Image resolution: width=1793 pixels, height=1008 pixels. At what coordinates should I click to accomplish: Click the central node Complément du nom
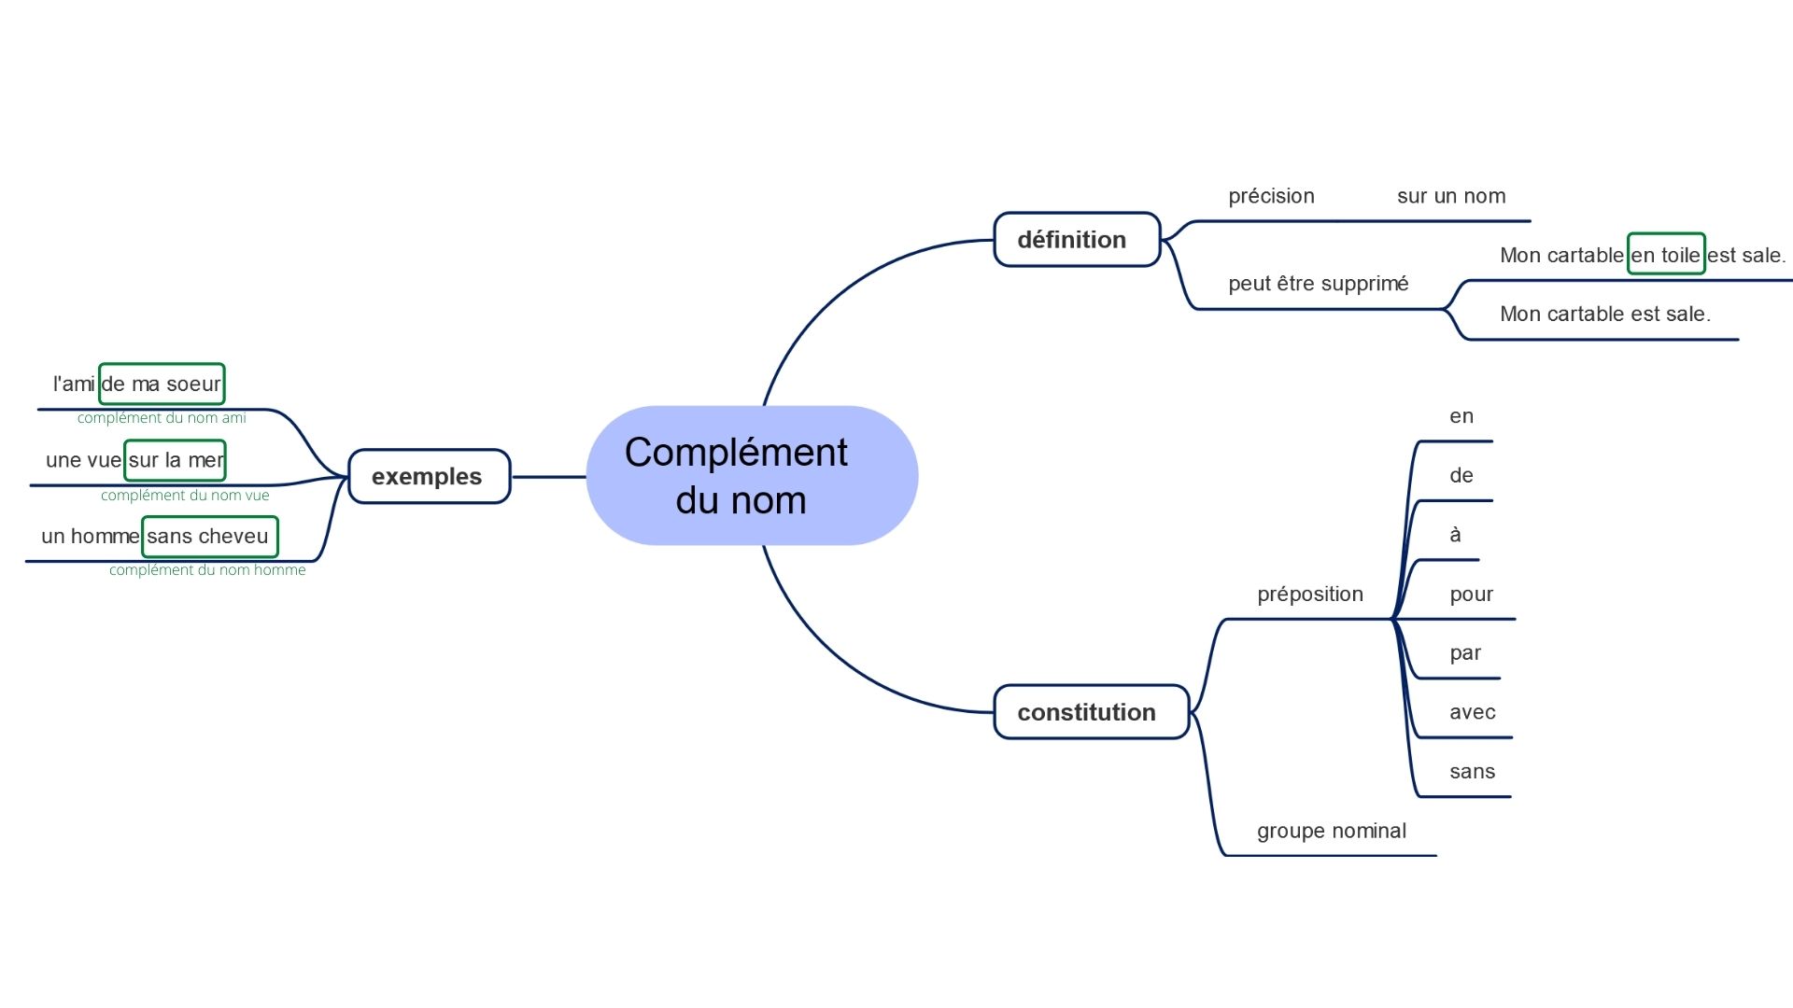(x=752, y=476)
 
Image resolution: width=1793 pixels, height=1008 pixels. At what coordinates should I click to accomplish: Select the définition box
(x=1077, y=240)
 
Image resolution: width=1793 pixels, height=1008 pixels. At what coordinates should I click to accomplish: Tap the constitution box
(x=1091, y=712)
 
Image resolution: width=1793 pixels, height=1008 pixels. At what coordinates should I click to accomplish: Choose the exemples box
(x=429, y=477)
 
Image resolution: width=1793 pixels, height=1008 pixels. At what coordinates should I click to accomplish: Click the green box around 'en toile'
(x=1666, y=254)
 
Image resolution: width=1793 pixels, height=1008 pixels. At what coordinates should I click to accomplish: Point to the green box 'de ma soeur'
(x=162, y=384)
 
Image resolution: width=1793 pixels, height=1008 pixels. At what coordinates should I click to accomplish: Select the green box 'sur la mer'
(x=175, y=460)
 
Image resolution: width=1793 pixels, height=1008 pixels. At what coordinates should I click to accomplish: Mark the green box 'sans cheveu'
(x=209, y=537)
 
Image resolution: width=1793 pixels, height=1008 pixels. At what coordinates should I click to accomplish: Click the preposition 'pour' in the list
(x=1471, y=595)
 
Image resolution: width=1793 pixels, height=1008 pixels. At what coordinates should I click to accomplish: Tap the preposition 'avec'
(x=1472, y=713)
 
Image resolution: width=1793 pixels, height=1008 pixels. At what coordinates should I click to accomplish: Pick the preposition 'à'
(x=1455, y=535)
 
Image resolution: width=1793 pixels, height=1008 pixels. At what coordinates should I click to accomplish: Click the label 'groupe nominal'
(x=1331, y=831)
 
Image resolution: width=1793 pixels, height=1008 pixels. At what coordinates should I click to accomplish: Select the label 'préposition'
(x=1309, y=595)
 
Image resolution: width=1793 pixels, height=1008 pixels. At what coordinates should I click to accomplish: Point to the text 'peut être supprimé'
(x=1318, y=284)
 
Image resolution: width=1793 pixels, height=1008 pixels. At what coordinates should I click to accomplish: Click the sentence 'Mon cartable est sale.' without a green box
(x=1604, y=315)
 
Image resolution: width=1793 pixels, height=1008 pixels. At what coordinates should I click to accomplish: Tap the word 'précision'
(x=1271, y=196)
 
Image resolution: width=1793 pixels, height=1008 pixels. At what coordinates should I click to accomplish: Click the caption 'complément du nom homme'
(x=207, y=570)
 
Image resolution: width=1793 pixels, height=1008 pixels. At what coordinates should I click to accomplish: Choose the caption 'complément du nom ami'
(x=162, y=418)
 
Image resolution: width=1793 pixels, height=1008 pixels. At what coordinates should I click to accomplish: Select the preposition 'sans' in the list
(x=1472, y=772)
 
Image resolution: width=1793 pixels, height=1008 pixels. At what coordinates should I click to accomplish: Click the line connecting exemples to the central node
(x=548, y=477)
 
